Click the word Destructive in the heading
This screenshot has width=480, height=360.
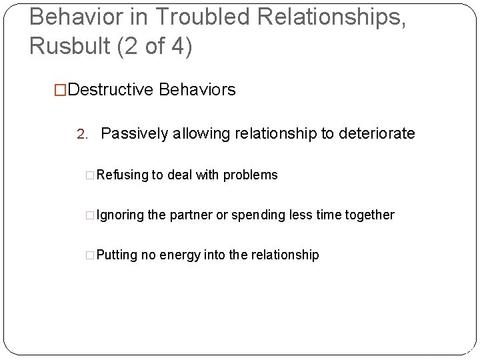111,89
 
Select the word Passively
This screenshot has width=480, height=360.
135,133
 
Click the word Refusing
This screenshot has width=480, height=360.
123,175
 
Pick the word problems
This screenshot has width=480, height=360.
251,175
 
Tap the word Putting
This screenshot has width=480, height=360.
117,255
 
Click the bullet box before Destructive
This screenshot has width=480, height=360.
61,89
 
